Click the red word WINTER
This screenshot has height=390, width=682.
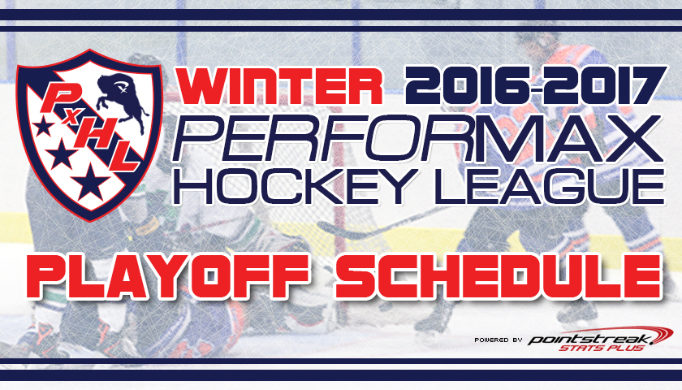pyautogui.click(x=280, y=86)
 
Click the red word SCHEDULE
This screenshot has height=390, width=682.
pyautogui.click(x=499, y=277)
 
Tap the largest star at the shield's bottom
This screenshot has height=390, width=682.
pyautogui.click(x=91, y=182)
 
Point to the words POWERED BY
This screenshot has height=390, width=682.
pyautogui.click(x=498, y=340)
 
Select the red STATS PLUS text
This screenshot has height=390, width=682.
pyautogui.click(x=602, y=348)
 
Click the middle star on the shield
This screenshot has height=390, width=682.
pyautogui.click(x=60, y=154)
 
